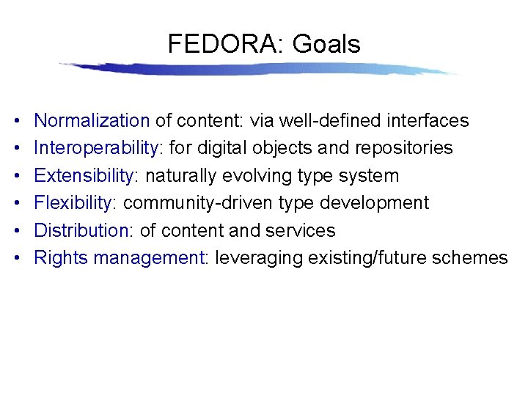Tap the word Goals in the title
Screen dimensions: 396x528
(x=326, y=45)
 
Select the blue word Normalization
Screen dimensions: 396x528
(x=92, y=120)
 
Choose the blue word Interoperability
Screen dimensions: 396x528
(x=96, y=148)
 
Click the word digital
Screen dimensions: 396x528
(x=223, y=148)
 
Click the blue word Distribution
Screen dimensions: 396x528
(x=82, y=230)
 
